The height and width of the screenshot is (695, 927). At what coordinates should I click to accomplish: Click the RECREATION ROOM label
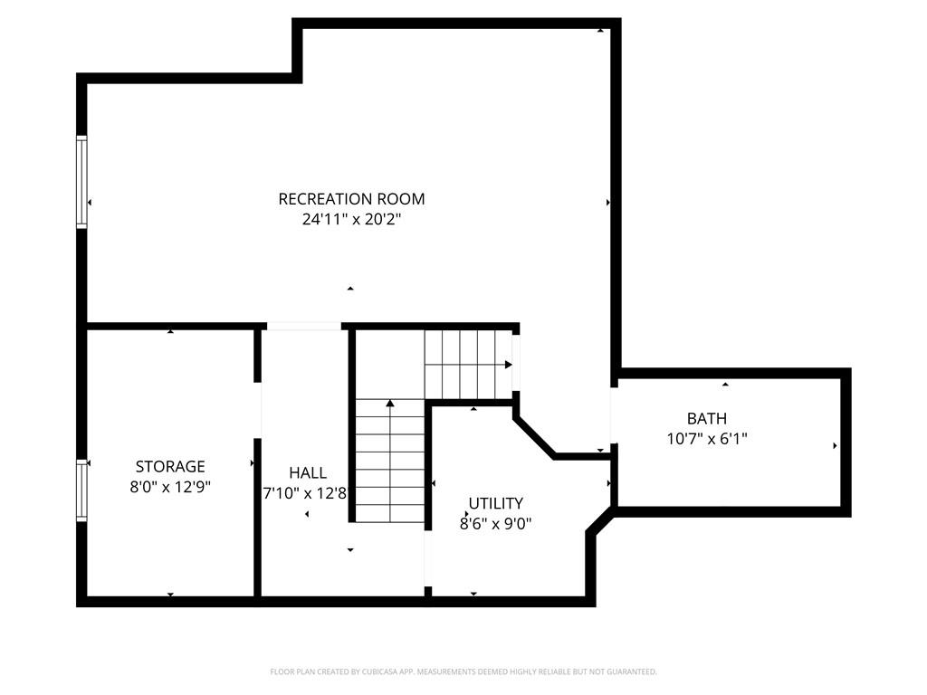coord(351,199)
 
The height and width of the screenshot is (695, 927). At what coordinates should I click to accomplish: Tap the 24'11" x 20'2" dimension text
coord(352,219)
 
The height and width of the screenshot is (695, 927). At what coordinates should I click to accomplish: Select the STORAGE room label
coord(170,467)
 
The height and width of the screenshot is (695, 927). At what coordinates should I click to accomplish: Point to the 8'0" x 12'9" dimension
coord(170,488)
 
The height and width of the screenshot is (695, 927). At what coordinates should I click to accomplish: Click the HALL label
coord(308,472)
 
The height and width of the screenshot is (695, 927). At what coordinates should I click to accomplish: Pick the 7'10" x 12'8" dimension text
coord(304,493)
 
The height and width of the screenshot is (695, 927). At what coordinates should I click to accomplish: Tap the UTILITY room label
coord(495,503)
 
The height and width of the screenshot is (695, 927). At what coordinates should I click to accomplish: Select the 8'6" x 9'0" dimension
coord(495,524)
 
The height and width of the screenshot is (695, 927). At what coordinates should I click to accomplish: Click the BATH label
coord(706,419)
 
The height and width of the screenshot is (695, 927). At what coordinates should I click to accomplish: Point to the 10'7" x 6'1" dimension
coord(706,439)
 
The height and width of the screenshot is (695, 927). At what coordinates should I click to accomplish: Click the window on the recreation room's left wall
coord(81,182)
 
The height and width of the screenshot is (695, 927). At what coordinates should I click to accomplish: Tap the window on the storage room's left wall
coord(81,490)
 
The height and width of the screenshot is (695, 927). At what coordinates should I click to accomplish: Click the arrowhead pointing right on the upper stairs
coord(509,365)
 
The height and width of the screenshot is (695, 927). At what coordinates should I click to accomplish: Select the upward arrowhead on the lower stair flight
coord(390,404)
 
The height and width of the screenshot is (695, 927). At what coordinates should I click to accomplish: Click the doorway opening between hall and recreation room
coord(304,326)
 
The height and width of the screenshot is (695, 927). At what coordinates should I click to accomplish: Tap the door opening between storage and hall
coord(258,410)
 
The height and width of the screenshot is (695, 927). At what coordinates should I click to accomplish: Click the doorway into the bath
coord(615,415)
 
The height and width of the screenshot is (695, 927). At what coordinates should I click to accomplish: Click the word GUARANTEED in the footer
coord(632,672)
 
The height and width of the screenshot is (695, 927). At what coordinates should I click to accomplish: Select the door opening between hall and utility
coord(428,558)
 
